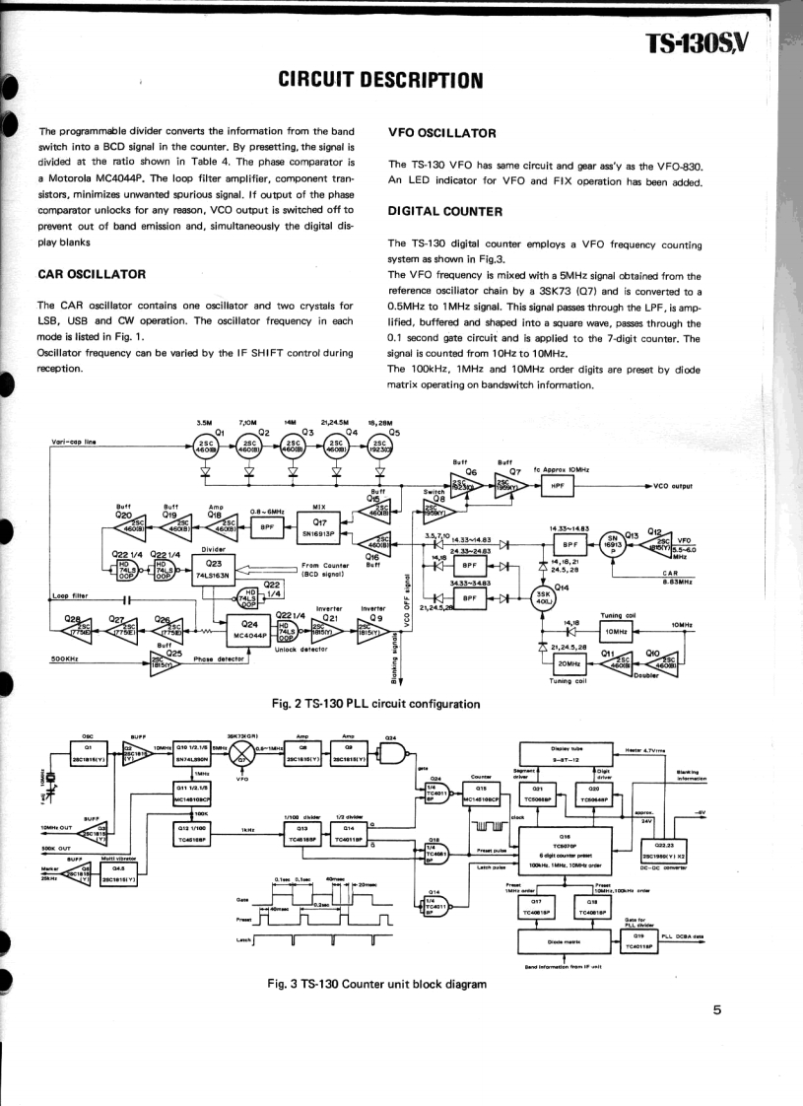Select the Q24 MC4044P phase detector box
pos(249,628)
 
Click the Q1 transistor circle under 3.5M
pos(207,445)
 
